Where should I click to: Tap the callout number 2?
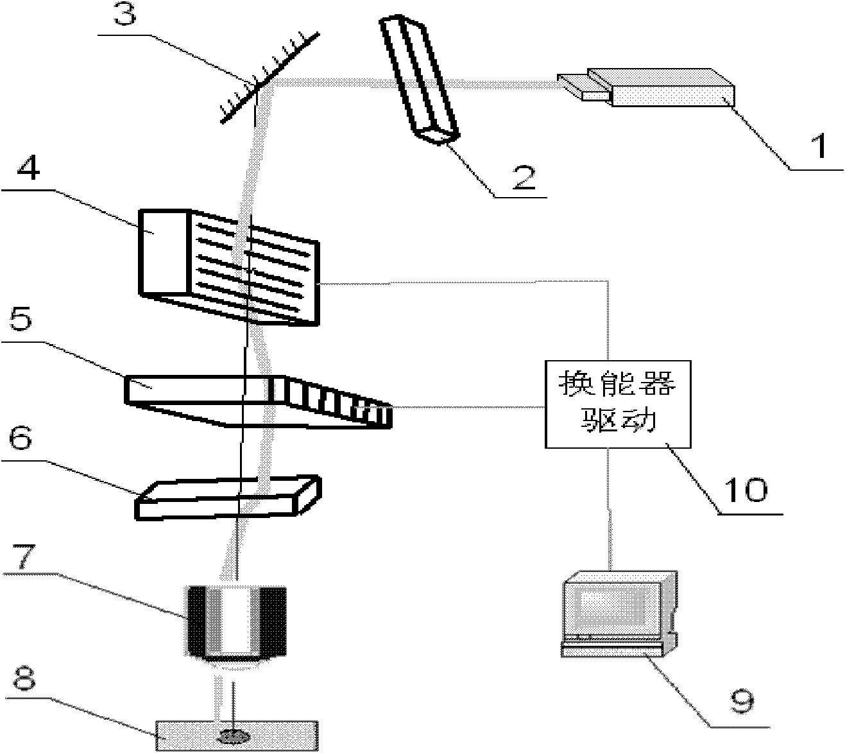point(523,175)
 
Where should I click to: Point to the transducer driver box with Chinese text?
point(618,404)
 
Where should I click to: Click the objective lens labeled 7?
point(235,623)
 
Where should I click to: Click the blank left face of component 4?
point(164,252)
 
